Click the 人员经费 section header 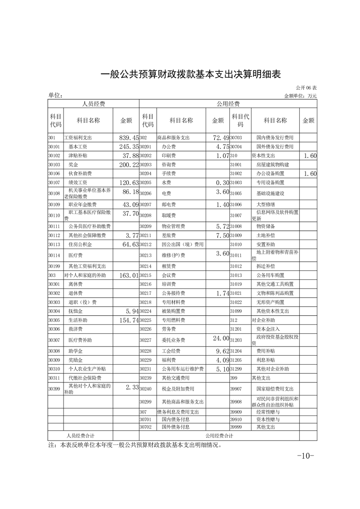[x=94, y=104]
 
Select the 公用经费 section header [x=228, y=104]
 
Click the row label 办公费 [x=169, y=147]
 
